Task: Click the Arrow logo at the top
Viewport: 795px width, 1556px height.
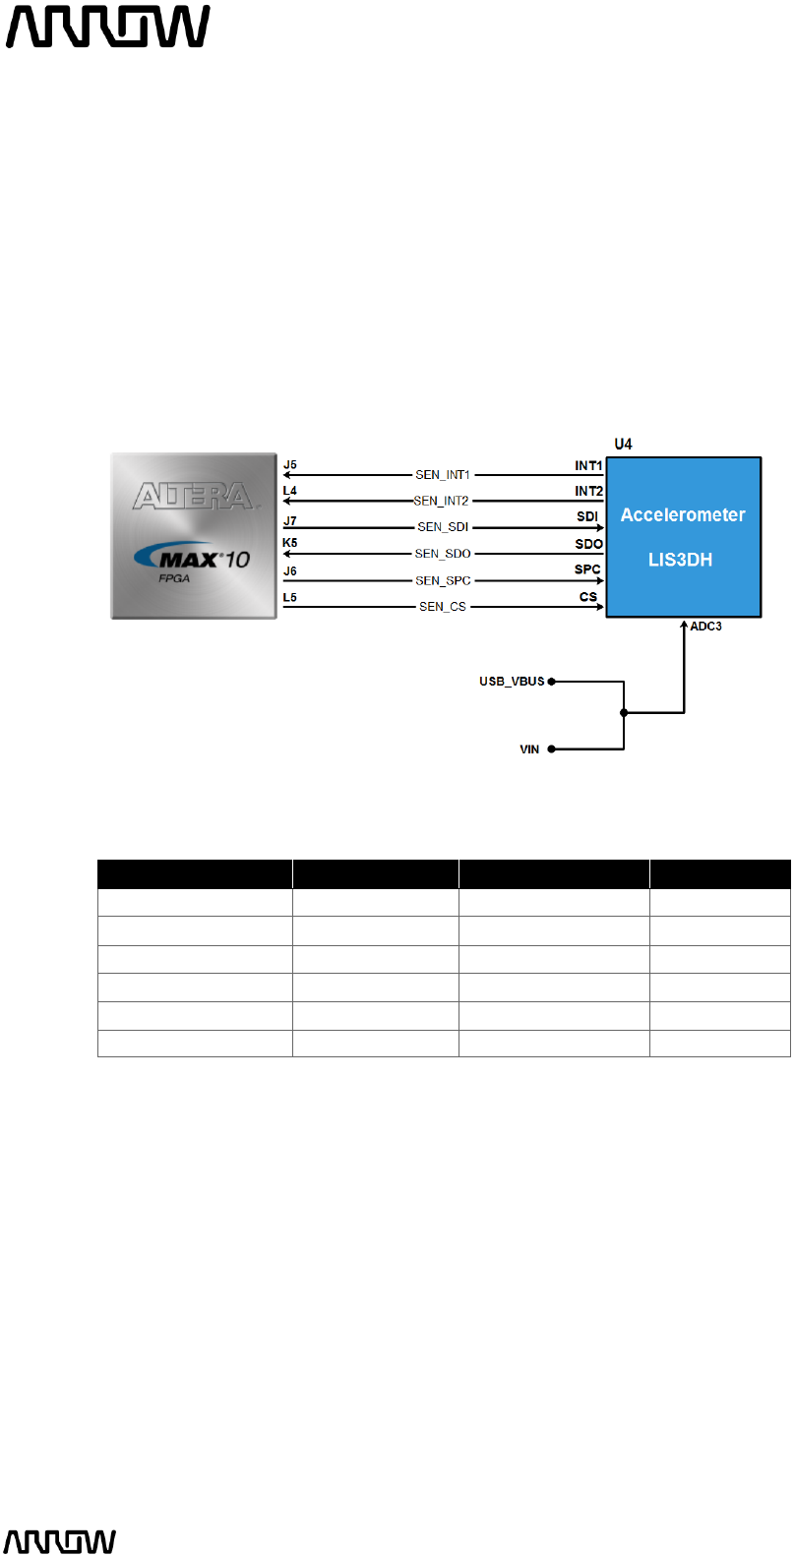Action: pos(108,27)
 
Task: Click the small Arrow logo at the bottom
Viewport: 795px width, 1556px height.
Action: pos(61,1541)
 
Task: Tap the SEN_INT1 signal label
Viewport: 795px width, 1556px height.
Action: pos(443,475)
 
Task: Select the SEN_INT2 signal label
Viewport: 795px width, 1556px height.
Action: pos(442,501)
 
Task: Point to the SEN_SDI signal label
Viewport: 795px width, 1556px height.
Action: pos(443,527)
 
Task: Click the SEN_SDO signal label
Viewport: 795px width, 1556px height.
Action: pos(443,554)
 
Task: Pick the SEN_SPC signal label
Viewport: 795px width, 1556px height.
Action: pos(443,580)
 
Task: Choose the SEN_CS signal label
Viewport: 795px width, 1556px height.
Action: pos(443,607)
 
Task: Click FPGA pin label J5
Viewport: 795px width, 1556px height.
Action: pos(289,465)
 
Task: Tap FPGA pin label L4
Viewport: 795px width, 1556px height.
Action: pos(289,491)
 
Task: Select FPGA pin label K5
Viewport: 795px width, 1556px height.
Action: pos(289,543)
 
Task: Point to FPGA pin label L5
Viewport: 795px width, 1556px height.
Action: pos(289,597)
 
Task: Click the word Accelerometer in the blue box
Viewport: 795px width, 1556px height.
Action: pos(683,514)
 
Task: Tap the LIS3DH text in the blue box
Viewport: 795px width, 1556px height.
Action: pos(680,560)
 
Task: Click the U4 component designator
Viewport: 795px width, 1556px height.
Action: pos(623,445)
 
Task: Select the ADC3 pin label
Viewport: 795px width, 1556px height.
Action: pos(705,627)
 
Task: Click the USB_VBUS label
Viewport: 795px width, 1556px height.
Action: pos(512,681)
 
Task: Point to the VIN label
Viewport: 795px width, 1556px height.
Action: pos(529,749)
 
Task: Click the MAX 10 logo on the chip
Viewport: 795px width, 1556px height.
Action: pos(193,559)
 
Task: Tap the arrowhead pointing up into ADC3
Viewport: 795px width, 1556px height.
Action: pos(684,625)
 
